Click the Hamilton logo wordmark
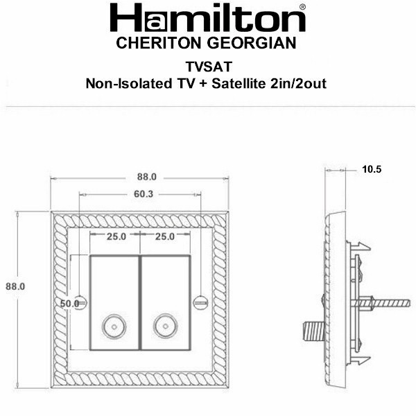[x=207, y=18]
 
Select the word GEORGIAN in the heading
[x=251, y=43]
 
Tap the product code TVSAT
[x=209, y=67]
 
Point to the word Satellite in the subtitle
[x=239, y=84]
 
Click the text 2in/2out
[x=298, y=84]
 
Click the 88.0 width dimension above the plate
[x=147, y=177]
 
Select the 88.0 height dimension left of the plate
[x=15, y=286]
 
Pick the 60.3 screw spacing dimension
[x=144, y=194]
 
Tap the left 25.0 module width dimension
[x=116, y=236]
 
